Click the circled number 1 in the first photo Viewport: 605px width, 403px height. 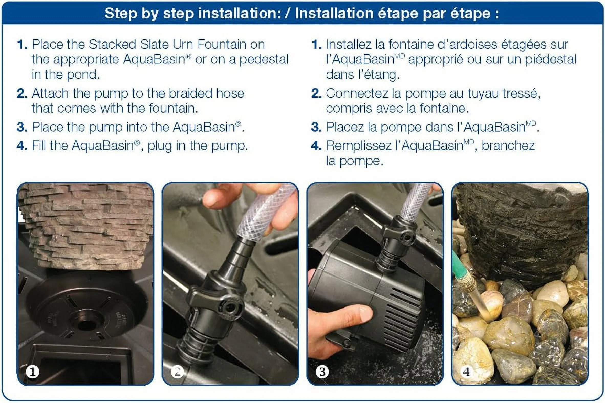32,372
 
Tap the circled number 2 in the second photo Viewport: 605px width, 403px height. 177,372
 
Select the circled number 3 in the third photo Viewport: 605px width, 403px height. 322,372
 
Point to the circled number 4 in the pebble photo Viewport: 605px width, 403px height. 467,372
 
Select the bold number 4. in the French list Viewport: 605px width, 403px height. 316,146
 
